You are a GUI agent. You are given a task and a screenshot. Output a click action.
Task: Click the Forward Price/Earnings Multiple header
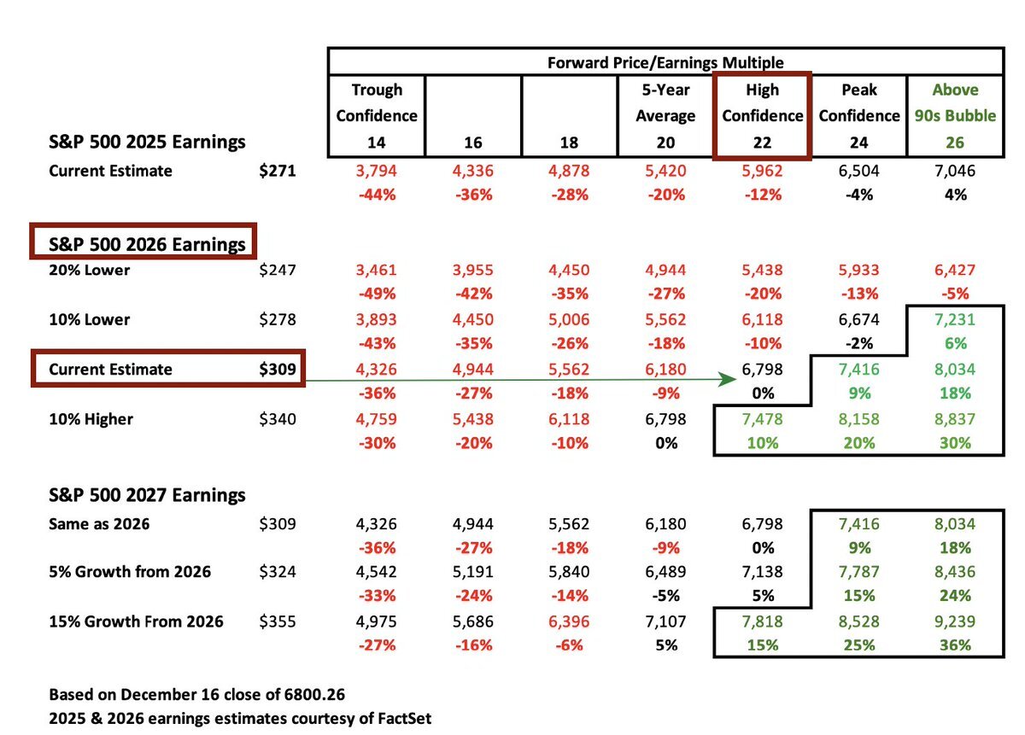point(665,61)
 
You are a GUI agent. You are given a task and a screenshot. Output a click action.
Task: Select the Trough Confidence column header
point(377,102)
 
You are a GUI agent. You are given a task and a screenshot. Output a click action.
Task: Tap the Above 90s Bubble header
point(956,102)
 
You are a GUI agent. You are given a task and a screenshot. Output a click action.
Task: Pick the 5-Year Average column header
point(666,102)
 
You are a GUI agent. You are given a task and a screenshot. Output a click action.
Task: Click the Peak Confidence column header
point(859,102)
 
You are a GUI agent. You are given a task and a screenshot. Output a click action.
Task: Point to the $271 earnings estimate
point(278,171)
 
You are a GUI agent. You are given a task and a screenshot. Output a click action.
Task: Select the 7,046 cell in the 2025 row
point(956,171)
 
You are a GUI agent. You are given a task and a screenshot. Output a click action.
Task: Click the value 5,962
point(763,171)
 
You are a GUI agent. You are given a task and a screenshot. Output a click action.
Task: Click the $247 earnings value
point(278,271)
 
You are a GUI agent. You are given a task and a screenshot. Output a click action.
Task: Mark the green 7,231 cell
point(956,320)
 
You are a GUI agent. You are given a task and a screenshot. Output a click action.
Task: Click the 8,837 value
point(956,419)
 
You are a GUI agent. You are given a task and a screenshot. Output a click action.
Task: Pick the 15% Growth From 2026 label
point(136,621)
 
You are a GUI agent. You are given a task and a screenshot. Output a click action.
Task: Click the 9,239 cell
point(956,621)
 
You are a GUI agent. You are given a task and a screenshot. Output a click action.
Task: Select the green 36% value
point(956,645)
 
